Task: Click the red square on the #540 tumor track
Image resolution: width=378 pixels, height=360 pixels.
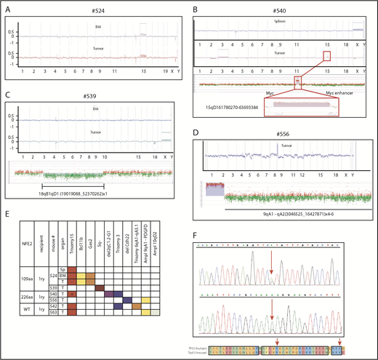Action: pyautogui.click(x=326, y=56)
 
